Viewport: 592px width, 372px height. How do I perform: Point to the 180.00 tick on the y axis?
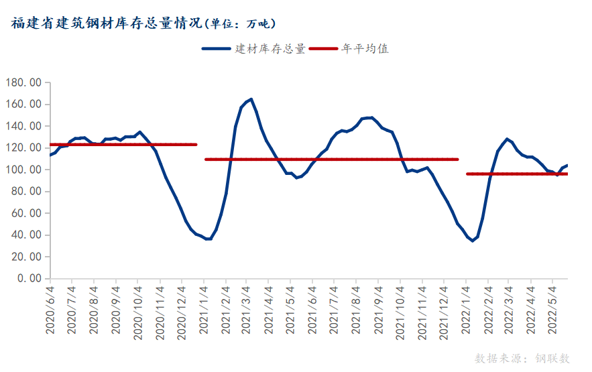click(x=23, y=82)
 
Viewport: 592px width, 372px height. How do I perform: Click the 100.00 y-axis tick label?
click(x=23, y=170)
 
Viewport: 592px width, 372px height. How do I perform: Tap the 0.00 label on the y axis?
click(x=29, y=278)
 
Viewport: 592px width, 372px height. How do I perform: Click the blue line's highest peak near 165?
click(x=251, y=99)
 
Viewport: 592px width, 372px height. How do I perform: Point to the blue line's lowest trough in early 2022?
click(x=472, y=241)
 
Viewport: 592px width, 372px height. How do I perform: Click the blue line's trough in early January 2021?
click(x=209, y=239)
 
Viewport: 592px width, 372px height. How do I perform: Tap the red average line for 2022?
click(x=517, y=174)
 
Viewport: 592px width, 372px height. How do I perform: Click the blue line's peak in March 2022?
click(x=507, y=139)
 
